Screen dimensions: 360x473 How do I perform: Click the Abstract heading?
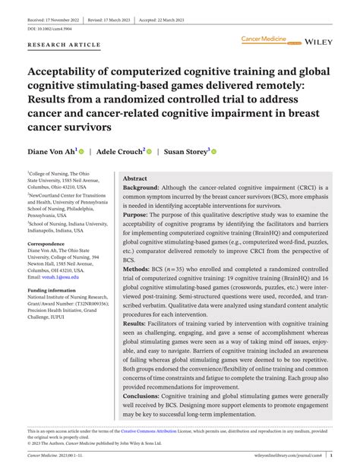135,178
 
